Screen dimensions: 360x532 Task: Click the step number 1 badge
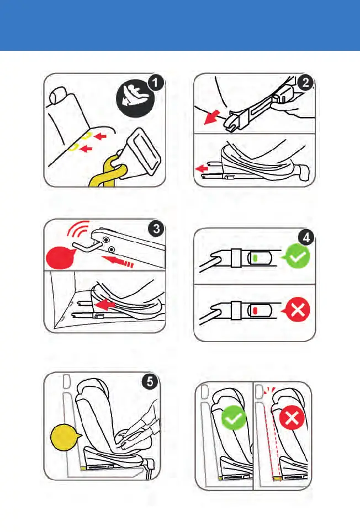155,83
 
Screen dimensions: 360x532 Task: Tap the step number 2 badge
305,82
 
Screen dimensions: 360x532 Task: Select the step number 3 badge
156,228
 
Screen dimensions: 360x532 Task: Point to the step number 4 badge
306,238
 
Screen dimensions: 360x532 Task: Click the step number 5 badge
150,382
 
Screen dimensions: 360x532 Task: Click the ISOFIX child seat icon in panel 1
135,98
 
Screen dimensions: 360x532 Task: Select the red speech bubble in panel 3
60,258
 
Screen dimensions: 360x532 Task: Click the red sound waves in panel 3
77,230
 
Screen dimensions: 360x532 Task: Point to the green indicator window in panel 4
255,258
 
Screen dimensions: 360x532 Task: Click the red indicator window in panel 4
255,310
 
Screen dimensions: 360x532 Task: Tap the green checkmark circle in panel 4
297,257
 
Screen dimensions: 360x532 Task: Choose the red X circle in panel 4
297,308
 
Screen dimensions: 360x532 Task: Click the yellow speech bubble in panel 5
65,438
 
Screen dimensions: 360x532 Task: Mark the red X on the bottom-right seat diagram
292,418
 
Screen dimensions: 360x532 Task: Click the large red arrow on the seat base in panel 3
105,304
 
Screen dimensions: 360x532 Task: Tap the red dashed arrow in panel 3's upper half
118,262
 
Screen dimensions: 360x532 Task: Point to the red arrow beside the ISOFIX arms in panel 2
202,168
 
